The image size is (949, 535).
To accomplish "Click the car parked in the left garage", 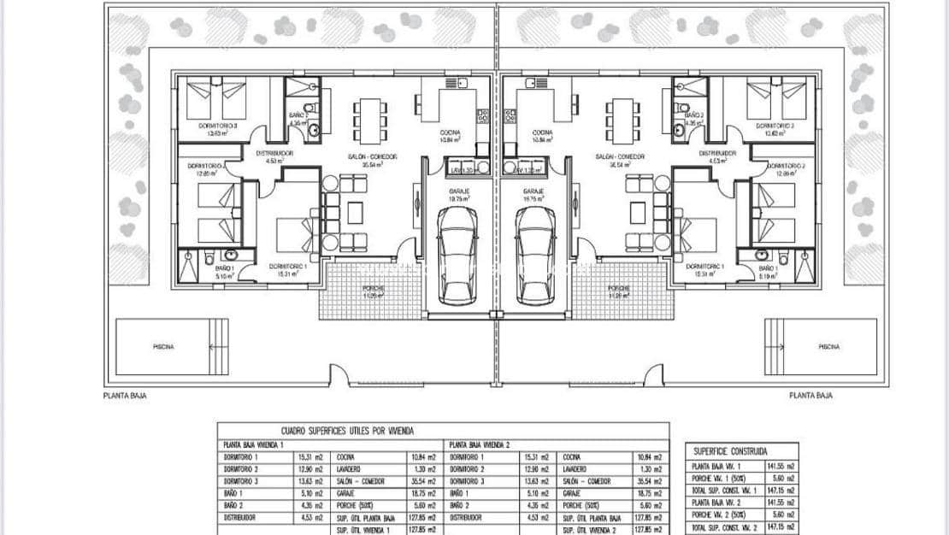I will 457,255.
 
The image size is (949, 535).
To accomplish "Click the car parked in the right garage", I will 535,255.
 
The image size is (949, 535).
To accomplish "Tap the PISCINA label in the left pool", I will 162,347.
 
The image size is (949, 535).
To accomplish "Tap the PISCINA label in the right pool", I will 828,347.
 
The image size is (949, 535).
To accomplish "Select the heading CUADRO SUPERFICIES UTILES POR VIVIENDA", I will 347,432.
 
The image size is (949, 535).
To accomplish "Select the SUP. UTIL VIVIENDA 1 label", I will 363,530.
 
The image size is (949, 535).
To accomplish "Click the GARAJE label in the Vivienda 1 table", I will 347,494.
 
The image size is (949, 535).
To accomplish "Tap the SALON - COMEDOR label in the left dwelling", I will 370,156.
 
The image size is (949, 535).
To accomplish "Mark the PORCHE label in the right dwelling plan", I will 619,289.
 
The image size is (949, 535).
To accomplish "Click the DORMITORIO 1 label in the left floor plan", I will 287,266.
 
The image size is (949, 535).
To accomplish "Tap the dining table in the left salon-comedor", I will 370,121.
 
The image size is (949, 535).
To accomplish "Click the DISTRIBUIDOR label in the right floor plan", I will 717,154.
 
